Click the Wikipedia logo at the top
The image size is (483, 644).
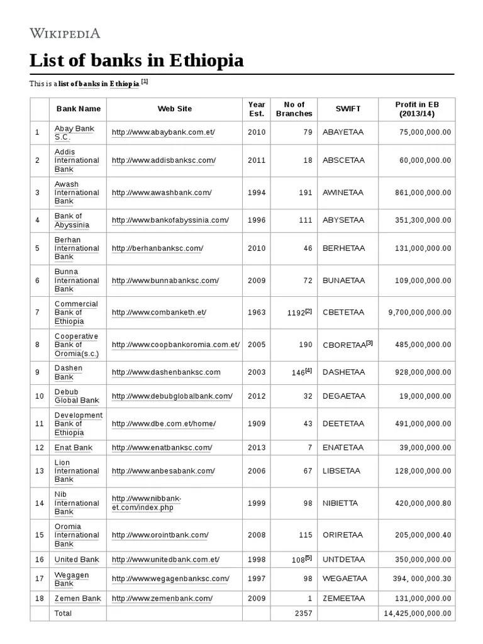pos(65,33)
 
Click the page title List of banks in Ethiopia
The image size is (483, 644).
pos(136,61)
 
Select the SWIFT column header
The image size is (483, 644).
pos(348,109)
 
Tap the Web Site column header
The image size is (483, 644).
pos(174,109)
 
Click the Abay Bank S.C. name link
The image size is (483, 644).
pos(74,133)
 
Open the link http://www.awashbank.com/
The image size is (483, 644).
pos(162,192)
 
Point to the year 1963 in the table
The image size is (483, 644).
pos(257,313)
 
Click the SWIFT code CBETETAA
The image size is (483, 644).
pos(343,313)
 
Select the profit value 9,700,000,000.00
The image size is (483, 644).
pos(419,313)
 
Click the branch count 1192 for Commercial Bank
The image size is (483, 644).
pos(296,313)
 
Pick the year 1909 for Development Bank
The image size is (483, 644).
pos(257,424)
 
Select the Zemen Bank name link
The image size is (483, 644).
pos(77,598)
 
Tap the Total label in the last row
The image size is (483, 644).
pos(63,613)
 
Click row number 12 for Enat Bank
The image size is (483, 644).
pos(39,448)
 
